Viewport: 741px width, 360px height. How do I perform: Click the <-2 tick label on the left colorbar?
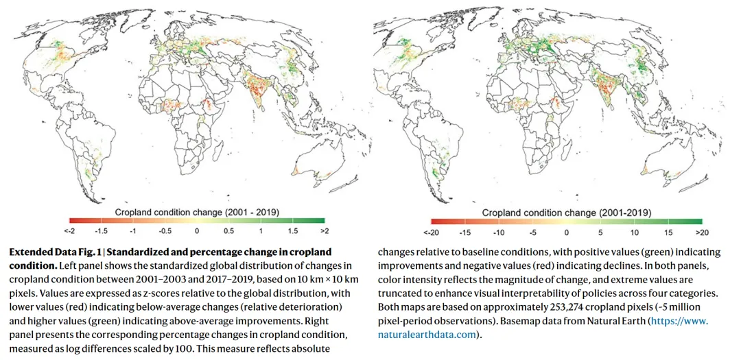click(x=69, y=230)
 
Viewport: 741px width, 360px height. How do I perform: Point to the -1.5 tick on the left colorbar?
click(x=102, y=230)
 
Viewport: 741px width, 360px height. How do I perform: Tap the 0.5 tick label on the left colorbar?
click(x=229, y=230)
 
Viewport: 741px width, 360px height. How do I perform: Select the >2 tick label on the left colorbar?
click(x=325, y=230)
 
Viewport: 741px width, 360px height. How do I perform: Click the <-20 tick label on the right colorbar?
click(x=430, y=232)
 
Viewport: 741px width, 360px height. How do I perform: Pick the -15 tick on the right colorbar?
click(x=465, y=232)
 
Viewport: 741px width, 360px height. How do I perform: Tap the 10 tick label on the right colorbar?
click(x=635, y=232)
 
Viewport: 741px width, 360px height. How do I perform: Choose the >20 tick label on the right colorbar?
click(x=702, y=232)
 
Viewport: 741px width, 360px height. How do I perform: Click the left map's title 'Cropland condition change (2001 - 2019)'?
click(x=198, y=211)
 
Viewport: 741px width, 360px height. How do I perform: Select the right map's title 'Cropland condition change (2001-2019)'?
click(x=567, y=213)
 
